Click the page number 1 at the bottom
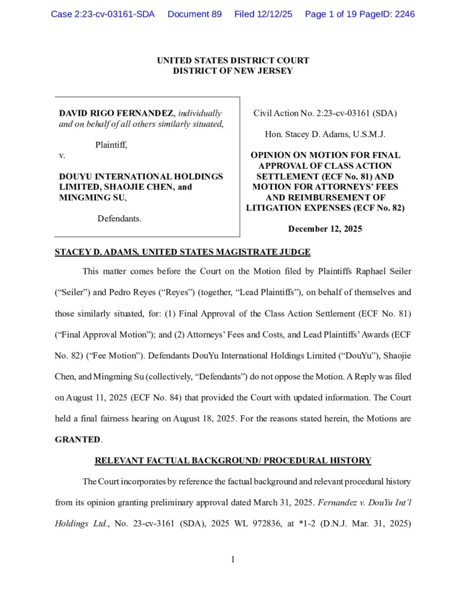click(233, 559)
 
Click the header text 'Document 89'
click(194, 14)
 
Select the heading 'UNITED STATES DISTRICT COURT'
click(233, 60)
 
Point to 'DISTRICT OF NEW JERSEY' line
click(233, 71)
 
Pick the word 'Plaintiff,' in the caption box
click(111, 145)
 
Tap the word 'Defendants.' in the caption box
click(119, 218)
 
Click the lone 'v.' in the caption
click(62, 156)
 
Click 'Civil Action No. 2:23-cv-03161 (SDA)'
click(325, 113)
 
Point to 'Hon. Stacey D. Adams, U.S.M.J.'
click(325, 134)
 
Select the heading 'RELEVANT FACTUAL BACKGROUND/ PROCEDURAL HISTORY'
click(233, 461)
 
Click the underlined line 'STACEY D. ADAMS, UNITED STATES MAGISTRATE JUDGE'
click(183, 252)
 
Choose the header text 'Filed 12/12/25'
click(263, 14)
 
